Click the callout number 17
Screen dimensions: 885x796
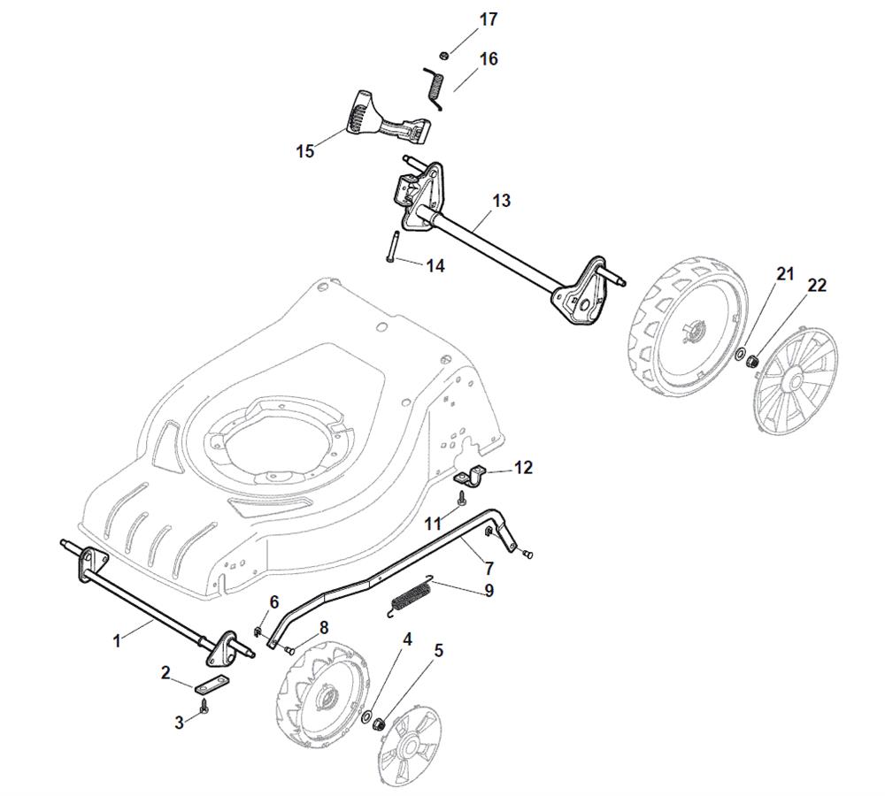pyautogui.click(x=489, y=19)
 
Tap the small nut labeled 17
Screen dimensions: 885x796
pyautogui.click(x=444, y=56)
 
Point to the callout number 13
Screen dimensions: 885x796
pyautogui.click(x=501, y=200)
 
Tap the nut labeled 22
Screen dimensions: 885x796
pyautogui.click(x=751, y=361)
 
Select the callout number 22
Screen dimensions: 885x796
pyautogui.click(x=817, y=286)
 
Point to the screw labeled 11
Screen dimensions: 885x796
pyautogui.click(x=462, y=499)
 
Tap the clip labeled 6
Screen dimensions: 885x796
pyautogui.click(x=258, y=631)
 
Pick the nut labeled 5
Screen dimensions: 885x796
pyautogui.click(x=380, y=722)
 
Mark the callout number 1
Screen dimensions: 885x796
pyautogui.click(x=118, y=641)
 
